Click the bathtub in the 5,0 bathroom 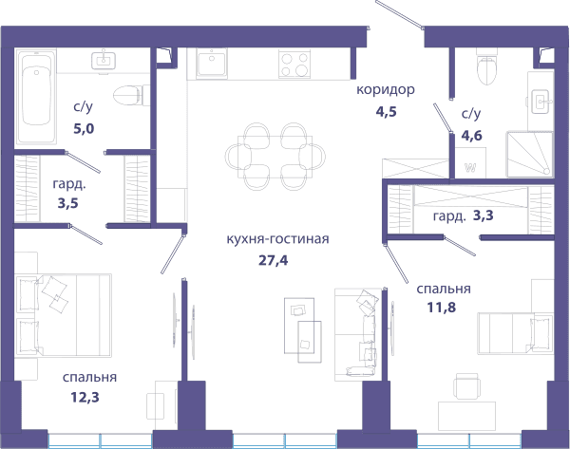click(36, 98)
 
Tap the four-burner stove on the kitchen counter click(294, 64)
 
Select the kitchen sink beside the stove click(212, 64)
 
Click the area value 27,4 click(273, 260)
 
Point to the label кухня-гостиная click(277, 239)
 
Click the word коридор click(386, 89)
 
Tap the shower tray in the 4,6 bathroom click(530, 155)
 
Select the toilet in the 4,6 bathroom click(486, 69)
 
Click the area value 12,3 click(85, 398)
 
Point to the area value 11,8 click(442, 308)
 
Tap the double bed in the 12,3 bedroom click(64, 316)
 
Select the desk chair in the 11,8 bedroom click(467, 386)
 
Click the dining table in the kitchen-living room click(275, 157)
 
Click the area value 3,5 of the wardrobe click(68, 203)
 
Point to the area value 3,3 click(484, 215)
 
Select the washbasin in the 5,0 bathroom click(104, 61)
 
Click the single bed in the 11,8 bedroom click(516, 333)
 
